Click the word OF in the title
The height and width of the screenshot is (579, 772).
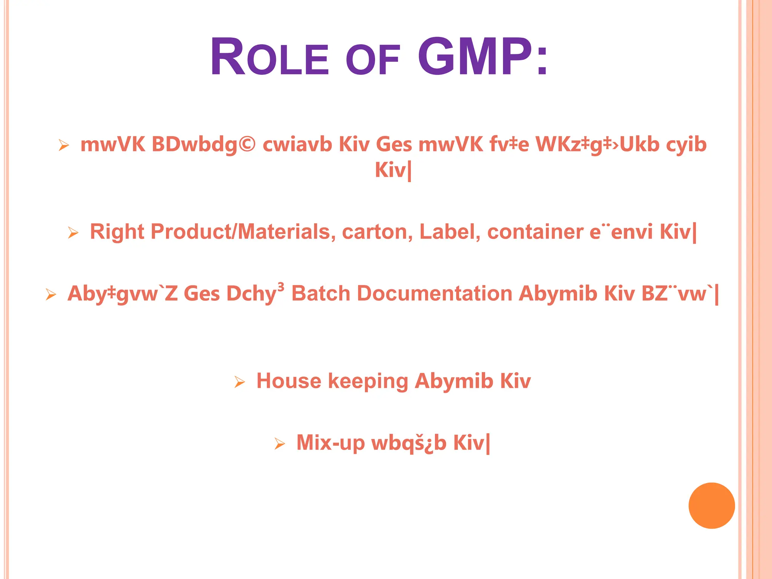(x=372, y=60)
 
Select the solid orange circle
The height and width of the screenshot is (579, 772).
(x=711, y=505)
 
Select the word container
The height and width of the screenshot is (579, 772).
(x=535, y=231)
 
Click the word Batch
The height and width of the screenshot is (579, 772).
(x=321, y=294)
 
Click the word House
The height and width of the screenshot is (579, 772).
(x=288, y=381)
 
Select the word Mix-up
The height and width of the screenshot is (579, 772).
(x=331, y=443)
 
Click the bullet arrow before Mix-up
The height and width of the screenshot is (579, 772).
(x=280, y=444)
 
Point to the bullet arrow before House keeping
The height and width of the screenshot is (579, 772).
(x=240, y=382)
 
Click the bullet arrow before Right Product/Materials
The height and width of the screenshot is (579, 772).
(x=73, y=233)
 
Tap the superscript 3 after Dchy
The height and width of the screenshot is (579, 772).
(x=281, y=287)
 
